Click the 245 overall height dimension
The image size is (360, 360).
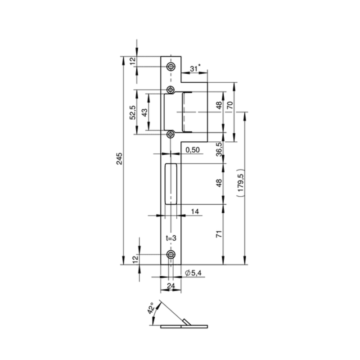[120, 159]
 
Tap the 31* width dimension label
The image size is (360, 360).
[195, 68]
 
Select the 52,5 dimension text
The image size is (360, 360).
[133, 112]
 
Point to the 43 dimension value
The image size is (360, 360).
[144, 112]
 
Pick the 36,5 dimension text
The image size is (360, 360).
[219, 149]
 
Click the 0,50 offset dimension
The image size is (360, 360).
[193, 150]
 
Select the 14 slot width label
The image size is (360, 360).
[195, 211]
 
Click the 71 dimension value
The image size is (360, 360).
[219, 234]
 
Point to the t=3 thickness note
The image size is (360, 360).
[171, 238]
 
